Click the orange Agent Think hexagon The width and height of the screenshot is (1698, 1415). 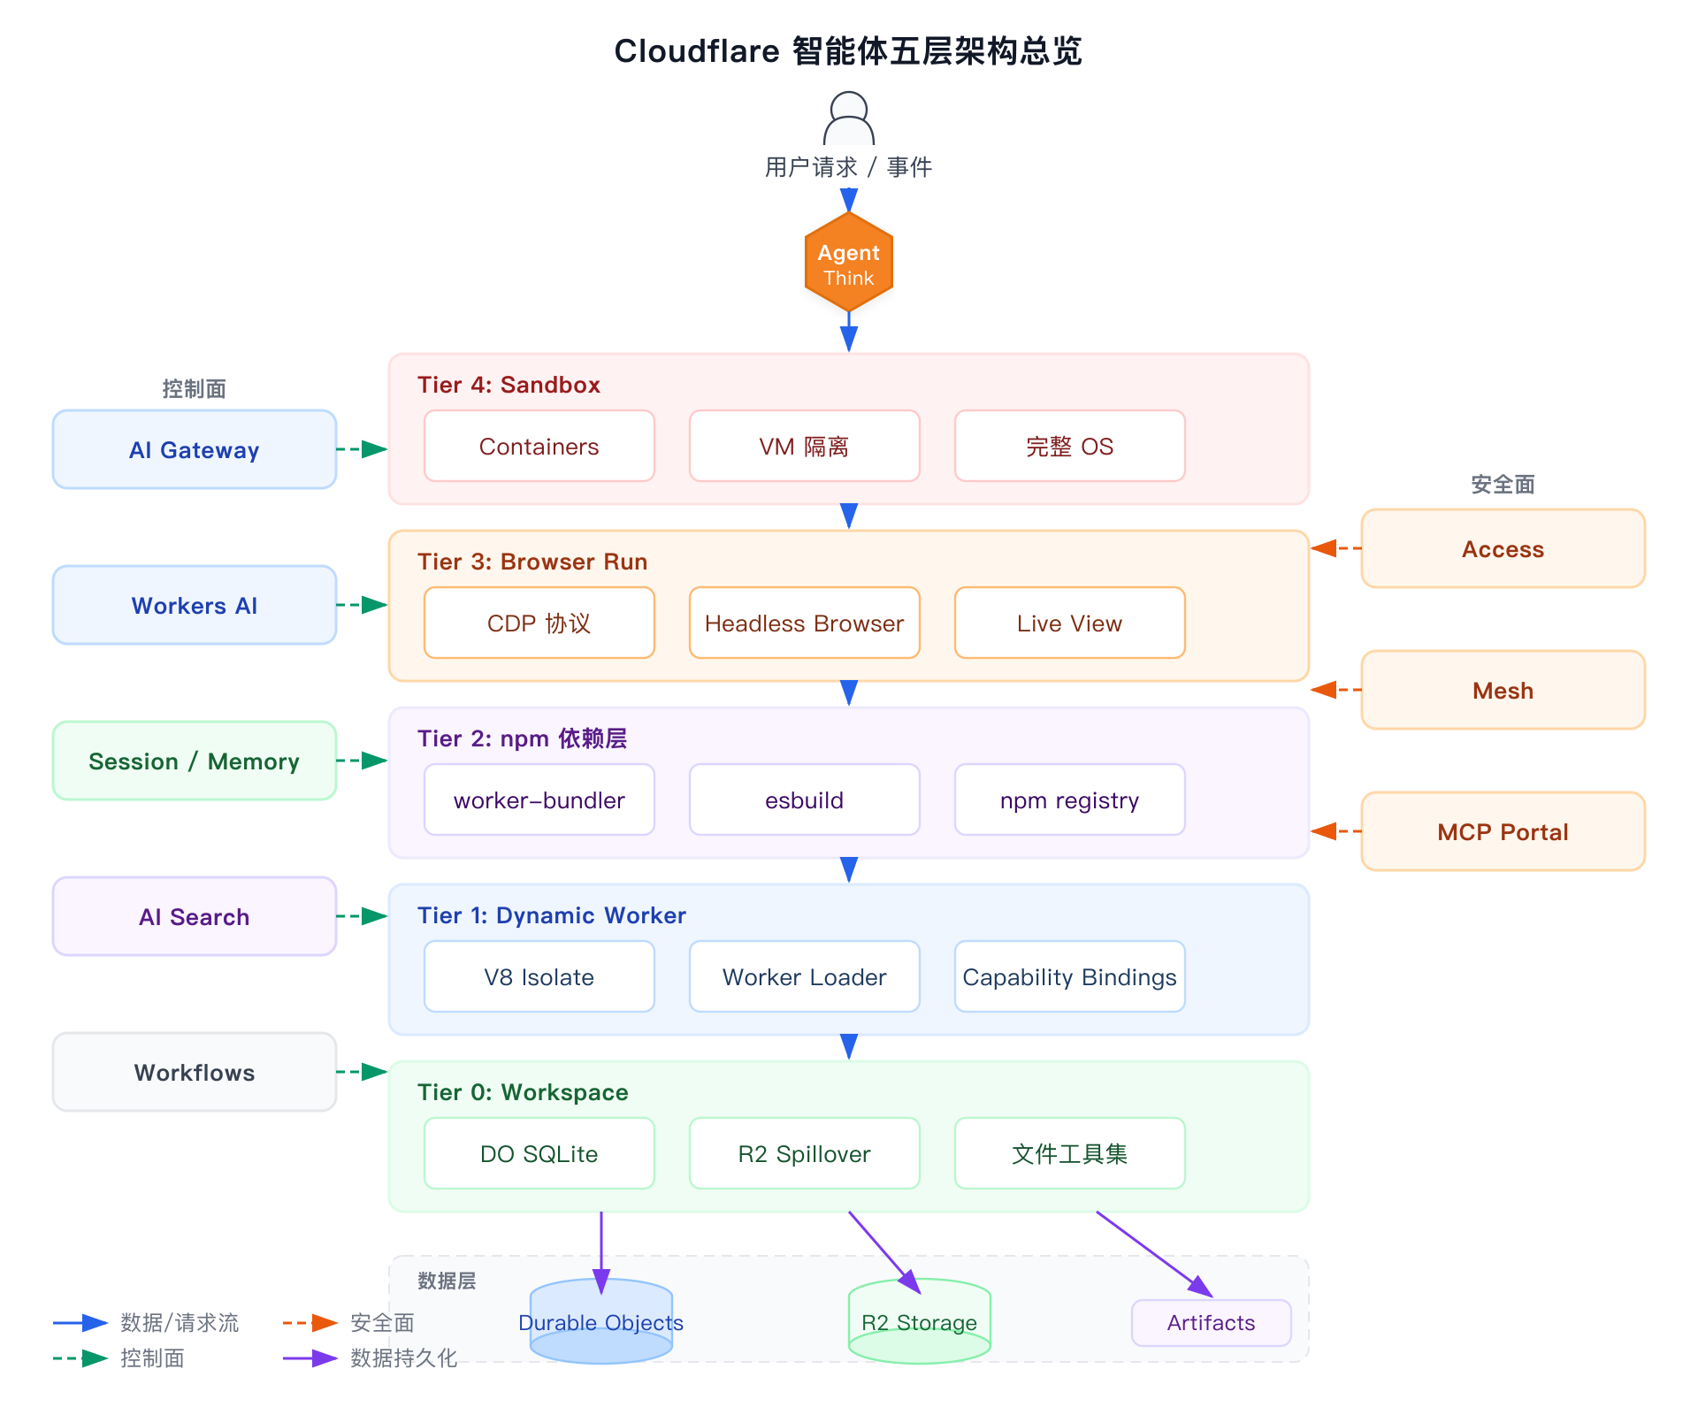[848, 263]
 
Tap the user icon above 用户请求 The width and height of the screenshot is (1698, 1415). [848, 119]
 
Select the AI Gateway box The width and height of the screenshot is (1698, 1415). [195, 449]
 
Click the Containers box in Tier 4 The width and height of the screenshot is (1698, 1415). [539, 447]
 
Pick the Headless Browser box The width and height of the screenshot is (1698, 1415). [804, 623]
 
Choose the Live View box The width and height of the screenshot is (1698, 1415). [1069, 623]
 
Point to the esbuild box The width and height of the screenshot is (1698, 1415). [804, 800]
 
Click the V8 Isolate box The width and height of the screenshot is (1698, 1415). [539, 977]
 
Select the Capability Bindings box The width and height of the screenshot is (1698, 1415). [1069, 977]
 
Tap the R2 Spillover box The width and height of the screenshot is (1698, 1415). [804, 1154]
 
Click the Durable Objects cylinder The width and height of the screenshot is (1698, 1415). [600, 1322]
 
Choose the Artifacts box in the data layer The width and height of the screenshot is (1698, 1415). [1211, 1323]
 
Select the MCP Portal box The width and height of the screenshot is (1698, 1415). [1503, 832]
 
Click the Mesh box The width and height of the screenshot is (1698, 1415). [1503, 691]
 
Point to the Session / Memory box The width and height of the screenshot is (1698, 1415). [195, 761]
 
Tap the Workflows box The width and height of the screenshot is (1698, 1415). [195, 1073]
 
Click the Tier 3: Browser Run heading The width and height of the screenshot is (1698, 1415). [532, 562]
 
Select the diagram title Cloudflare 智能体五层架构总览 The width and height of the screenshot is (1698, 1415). [848, 51]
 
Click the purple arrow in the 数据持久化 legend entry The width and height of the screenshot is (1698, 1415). [310, 1358]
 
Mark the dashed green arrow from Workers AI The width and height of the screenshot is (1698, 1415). [363, 605]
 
